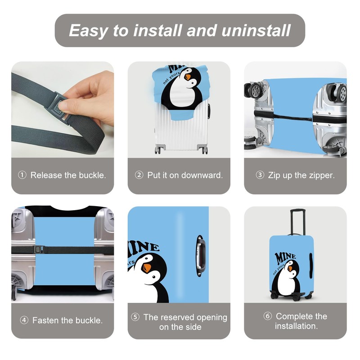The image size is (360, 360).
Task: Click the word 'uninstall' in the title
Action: pos(256,31)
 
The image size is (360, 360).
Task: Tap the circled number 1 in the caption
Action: pos(22,175)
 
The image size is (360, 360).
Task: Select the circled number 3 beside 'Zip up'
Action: pos(260,175)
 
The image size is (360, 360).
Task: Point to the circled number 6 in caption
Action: pos(267,316)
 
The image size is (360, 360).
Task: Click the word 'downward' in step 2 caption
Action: pos(202,175)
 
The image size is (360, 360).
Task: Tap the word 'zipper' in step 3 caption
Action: pos(320,175)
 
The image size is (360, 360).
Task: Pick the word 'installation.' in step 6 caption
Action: pos(296,326)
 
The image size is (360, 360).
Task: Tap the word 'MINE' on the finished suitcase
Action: pos(285,257)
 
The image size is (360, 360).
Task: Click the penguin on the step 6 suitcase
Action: pos(288,279)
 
